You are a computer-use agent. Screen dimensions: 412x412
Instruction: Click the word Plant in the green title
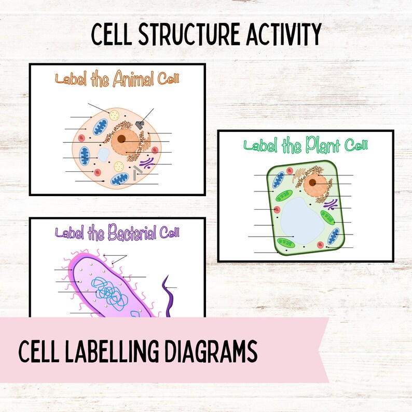pyautogui.click(x=318, y=146)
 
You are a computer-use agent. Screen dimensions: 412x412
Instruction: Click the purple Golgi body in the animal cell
pyautogui.click(x=147, y=164)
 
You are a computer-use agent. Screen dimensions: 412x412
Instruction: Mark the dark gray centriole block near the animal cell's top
pyautogui.click(x=140, y=123)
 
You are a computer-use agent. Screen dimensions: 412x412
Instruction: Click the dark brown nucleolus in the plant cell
pyautogui.click(x=313, y=182)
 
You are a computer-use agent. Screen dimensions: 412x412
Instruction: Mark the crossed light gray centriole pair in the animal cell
pyautogui.click(x=137, y=173)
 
